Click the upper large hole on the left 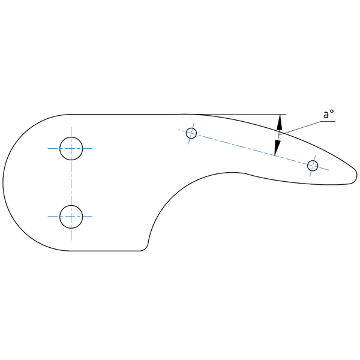coord(71,148)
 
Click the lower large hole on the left coord(71,216)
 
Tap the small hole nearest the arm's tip coord(312,166)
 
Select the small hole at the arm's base coord(191,133)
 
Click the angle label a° coord(327,113)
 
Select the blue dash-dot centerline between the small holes coord(252,149)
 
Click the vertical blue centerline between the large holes coord(71,182)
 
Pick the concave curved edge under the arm coord(174,192)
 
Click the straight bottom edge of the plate coord(102,250)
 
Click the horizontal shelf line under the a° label coord(327,121)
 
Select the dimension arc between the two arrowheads coord(279,135)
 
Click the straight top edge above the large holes coord(120,114)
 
